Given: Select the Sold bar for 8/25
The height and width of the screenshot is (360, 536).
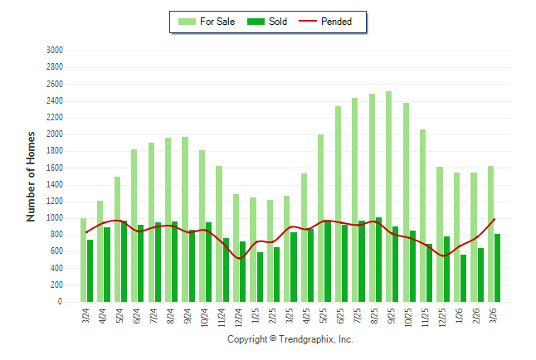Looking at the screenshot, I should [x=379, y=260].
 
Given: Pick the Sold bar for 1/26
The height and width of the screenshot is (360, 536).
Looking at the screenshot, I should [x=464, y=278].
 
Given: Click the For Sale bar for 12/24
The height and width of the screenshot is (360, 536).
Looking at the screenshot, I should [x=236, y=248].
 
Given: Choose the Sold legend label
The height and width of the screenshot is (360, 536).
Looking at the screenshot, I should [x=278, y=22].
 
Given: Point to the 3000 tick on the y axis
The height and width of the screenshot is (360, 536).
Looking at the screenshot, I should [x=56, y=51].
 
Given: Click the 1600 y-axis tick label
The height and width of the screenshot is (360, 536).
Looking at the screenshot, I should [x=56, y=168].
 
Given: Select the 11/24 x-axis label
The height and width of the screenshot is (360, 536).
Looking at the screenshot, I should [x=222, y=318].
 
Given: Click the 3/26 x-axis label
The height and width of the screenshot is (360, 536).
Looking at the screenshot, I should [x=493, y=318].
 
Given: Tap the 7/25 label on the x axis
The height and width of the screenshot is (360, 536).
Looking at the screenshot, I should [x=357, y=318].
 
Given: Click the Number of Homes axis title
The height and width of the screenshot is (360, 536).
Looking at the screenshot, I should [x=31, y=176].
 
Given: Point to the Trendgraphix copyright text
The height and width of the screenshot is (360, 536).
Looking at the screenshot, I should [x=290, y=339].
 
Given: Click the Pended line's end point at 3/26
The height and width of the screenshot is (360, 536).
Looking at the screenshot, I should [x=495, y=219].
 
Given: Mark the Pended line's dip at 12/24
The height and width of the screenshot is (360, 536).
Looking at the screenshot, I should [x=240, y=259].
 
